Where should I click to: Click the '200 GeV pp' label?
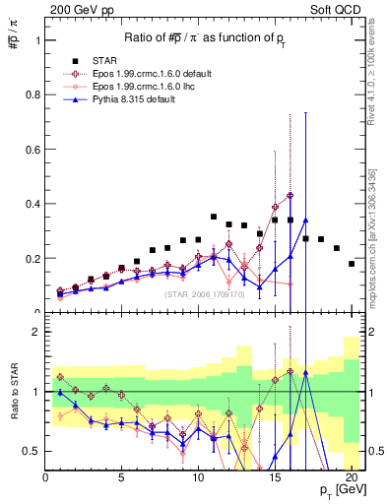(x=75, y=9)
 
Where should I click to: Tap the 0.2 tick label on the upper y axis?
(x=32, y=259)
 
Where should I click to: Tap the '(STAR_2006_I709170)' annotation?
(x=204, y=294)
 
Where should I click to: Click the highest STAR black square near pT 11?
(x=214, y=217)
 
